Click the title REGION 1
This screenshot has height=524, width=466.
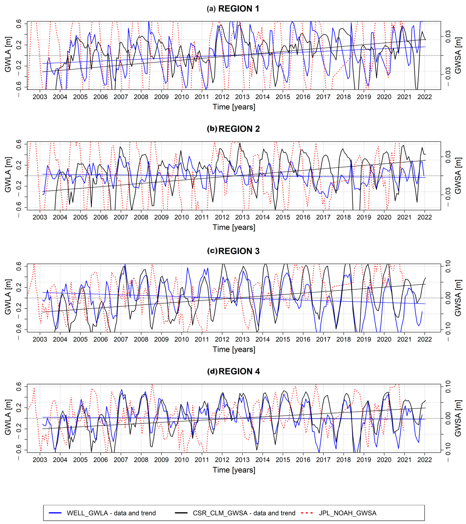point(238,9)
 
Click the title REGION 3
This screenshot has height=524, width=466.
point(239,251)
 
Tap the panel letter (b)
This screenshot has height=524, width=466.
point(212,129)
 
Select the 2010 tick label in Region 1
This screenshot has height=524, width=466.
point(182,97)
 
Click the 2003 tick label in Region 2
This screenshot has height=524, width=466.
point(40,217)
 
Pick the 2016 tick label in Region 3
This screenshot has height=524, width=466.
point(303,339)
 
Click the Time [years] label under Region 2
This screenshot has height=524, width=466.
point(234,227)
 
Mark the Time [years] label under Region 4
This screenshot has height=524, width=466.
point(234,470)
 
